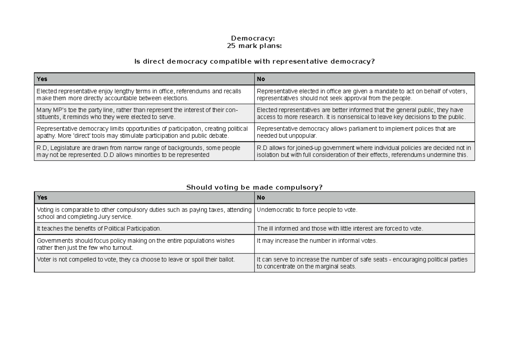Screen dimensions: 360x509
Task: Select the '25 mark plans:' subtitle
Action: pyautogui.click(x=254, y=46)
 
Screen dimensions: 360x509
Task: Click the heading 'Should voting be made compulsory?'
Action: pyautogui.click(x=254, y=187)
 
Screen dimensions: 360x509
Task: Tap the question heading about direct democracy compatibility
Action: pyautogui.click(x=254, y=62)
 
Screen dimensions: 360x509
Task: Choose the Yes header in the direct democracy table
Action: pyautogui.click(x=42, y=79)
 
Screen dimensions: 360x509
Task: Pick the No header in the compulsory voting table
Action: pyautogui.click(x=261, y=197)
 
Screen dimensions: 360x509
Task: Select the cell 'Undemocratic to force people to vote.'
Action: pyautogui.click(x=307, y=210)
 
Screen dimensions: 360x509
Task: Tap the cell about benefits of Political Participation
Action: pyautogui.click(x=99, y=228)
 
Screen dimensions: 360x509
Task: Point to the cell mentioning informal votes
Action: pyautogui.click(x=317, y=241)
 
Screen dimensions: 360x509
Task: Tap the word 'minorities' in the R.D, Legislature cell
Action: pyautogui.click(x=139, y=155)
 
